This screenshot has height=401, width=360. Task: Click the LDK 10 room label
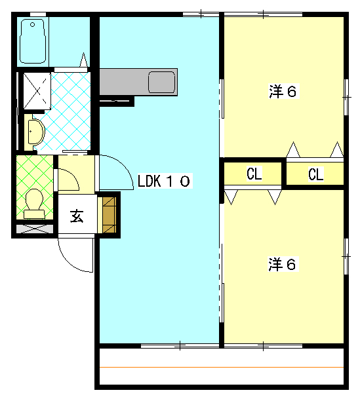[164, 181]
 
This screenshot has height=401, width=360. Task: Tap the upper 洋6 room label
[283, 92]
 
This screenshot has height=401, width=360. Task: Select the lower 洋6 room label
[283, 265]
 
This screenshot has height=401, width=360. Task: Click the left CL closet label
[254, 174]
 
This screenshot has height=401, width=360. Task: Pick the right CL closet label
[316, 174]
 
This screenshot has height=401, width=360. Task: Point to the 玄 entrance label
[77, 216]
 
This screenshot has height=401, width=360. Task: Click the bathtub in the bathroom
[32, 40]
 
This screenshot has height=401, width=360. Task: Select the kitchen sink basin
[161, 82]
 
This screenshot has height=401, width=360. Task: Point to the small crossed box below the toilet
[34, 229]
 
